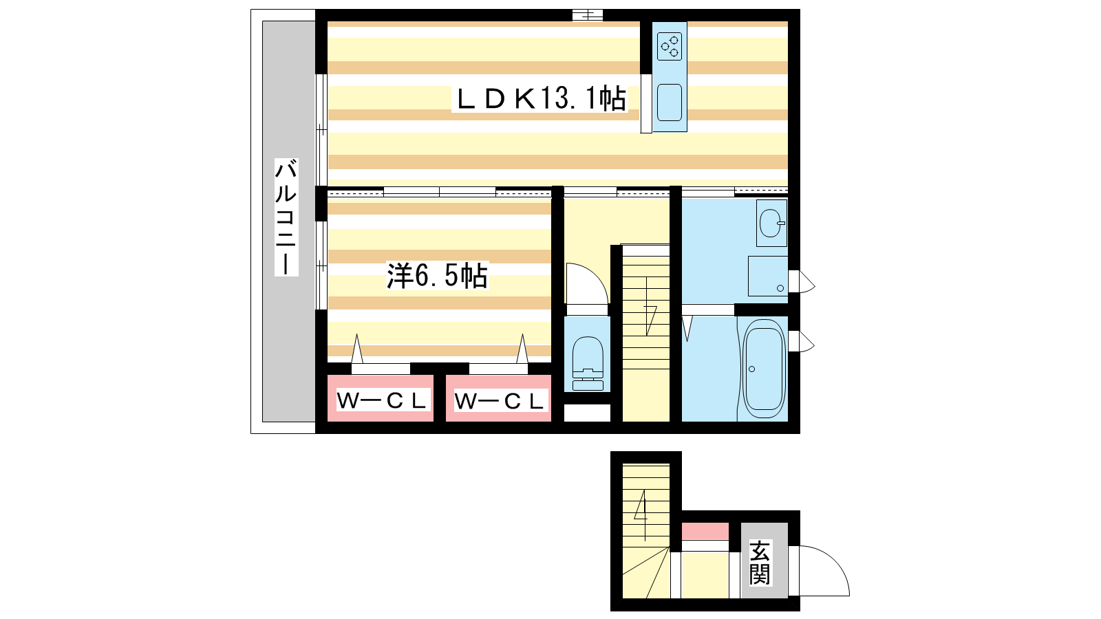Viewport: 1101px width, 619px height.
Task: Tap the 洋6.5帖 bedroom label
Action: coord(437,276)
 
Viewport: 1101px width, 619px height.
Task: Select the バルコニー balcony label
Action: coord(286,217)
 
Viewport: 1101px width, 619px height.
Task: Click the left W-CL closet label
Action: coord(381,400)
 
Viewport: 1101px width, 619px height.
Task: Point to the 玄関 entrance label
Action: coord(760,563)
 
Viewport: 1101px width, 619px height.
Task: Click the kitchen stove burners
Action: coord(670,47)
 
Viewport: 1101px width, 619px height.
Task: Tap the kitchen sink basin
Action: coord(670,102)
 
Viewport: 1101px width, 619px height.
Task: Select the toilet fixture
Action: coord(588,363)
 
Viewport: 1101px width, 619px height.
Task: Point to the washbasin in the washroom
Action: coord(771,223)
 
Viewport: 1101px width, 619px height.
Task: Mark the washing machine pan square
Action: coord(768,276)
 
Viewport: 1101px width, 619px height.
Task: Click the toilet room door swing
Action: coord(587,285)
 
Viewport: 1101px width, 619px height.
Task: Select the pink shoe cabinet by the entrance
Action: coord(705,531)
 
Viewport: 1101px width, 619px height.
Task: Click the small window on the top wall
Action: coord(588,15)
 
